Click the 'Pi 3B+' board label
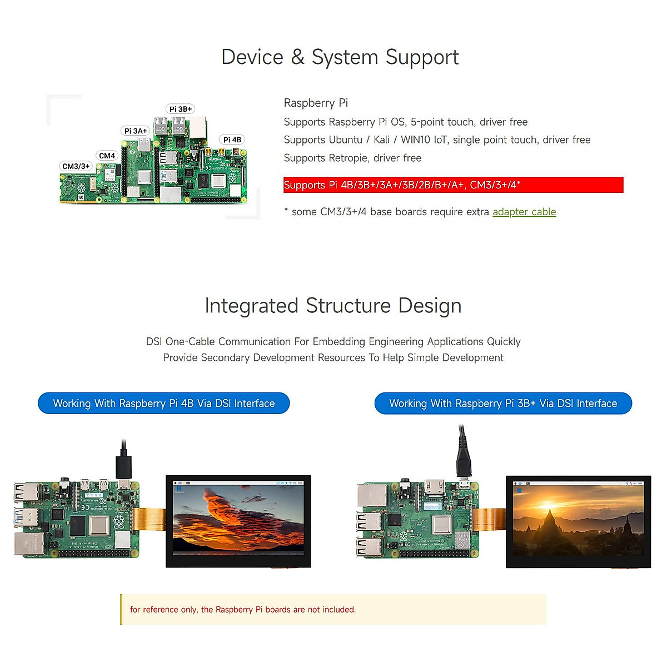tap(181, 109)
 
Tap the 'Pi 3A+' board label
tap(136, 131)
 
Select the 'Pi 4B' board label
tap(232, 140)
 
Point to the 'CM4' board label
tap(107, 156)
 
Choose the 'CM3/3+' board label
tap(76, 166)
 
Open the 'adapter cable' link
tap(524, 212)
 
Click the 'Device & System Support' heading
tap(340, 57)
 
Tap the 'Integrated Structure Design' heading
tap(333, 306)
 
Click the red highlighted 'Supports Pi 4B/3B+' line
tap(453, 185)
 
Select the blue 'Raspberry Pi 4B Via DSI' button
tap(164, 404)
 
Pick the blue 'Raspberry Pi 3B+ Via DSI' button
tap(503, 404)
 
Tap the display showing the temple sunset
tap(578, 521)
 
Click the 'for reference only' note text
tap(242, 610)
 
